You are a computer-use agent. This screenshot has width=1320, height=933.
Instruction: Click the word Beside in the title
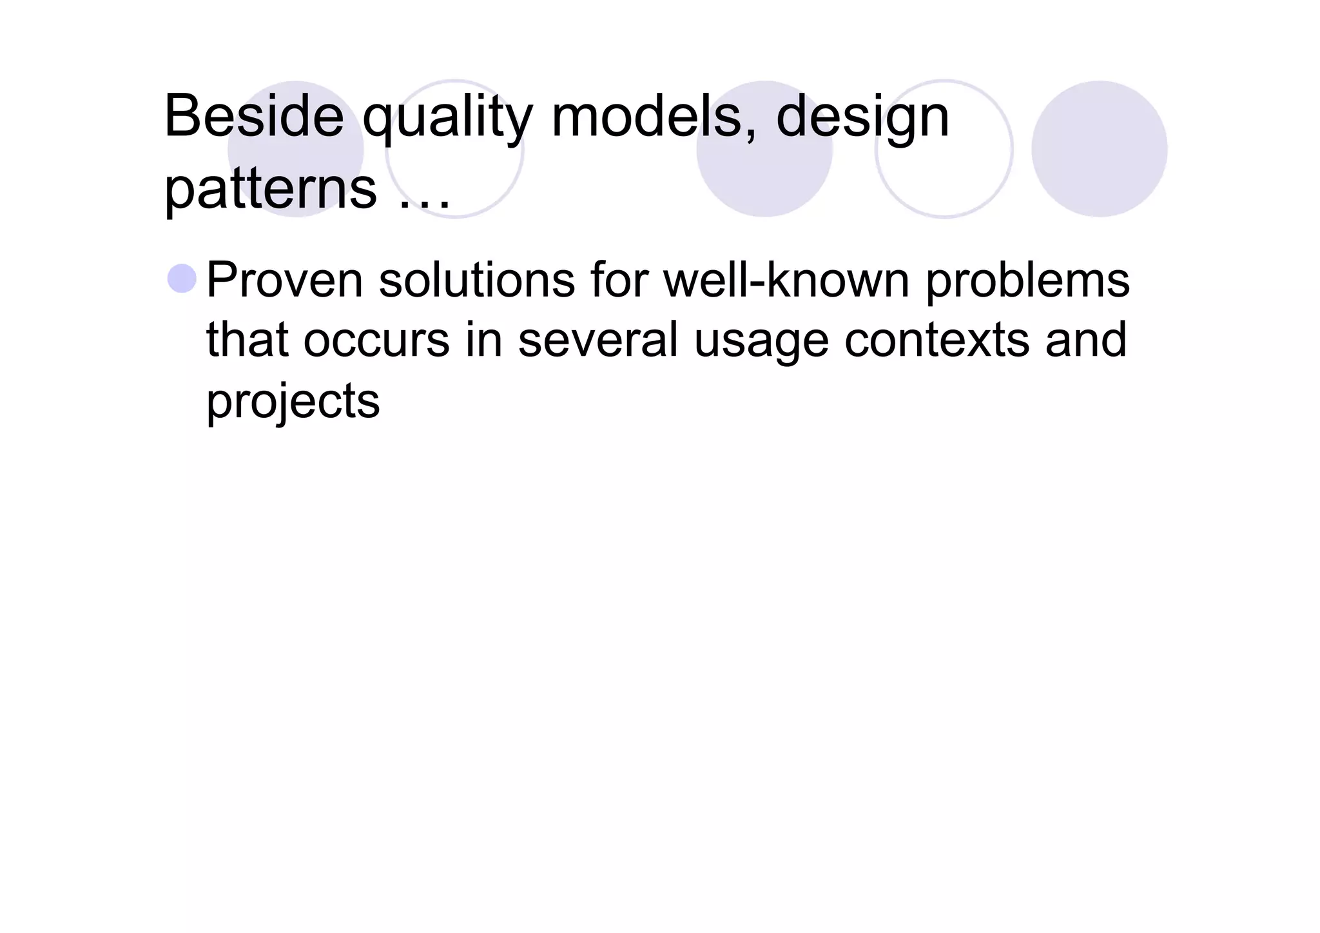pyautogui.click(x=254, y=117)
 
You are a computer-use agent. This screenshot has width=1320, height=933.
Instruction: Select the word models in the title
pyautogui.click(x=653, y=117)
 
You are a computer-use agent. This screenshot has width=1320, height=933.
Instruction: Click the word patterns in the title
pyautogui.click(x=271, y=190)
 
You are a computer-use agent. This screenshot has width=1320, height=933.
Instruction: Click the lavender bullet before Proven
pyautogui.click(x=182, y=279)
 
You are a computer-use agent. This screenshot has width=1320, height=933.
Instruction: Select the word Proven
pyautogui.click(x=285, y=280)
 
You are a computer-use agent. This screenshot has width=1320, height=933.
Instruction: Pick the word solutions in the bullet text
pyautogui.click(x=477, y=280)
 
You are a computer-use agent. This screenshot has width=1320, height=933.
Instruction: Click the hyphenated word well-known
pyautogui.click(x=786, y=280)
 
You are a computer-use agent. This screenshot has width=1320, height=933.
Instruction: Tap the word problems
pyautogui.click(x=1027, y=282)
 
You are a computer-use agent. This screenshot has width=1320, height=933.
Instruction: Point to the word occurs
pyautogui.click(x=376, y=340)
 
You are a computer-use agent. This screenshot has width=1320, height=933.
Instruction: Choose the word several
pyautogui.click(x=598, y=340)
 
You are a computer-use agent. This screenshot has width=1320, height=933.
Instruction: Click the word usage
pyautogui.click(x=761, y=342)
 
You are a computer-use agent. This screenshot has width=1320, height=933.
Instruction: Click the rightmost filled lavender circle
pyautogui.click(x=1099, y=149)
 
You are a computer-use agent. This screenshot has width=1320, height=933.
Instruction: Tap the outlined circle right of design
pyautogui.click(x=944, y=149)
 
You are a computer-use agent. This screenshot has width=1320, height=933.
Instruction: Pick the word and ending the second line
pyautogui.click(x=1086, y=340)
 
